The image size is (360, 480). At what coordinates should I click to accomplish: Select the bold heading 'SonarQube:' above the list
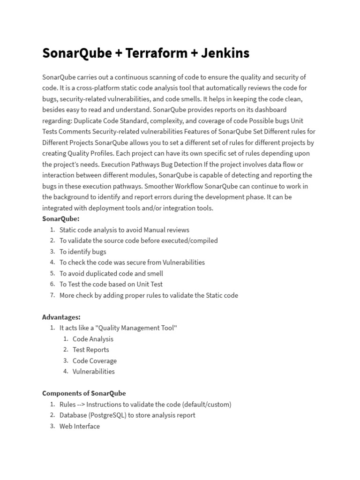[61, 218]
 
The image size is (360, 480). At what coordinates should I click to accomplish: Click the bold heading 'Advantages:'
[61, 317]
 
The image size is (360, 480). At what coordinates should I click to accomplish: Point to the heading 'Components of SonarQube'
[84, 393]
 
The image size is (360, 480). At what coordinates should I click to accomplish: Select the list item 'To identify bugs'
[83, 251]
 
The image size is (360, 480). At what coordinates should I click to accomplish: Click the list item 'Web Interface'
[80, 426]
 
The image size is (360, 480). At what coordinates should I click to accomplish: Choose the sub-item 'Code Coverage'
[95, 360]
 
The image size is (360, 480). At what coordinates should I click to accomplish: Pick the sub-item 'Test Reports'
[91, 350]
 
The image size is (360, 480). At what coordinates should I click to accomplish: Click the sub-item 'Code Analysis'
[93, 339]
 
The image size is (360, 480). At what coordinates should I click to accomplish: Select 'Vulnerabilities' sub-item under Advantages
[94, 371]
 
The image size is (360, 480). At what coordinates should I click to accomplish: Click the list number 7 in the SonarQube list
[52, 295]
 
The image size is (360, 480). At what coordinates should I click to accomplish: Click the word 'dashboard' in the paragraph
[271, 110]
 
